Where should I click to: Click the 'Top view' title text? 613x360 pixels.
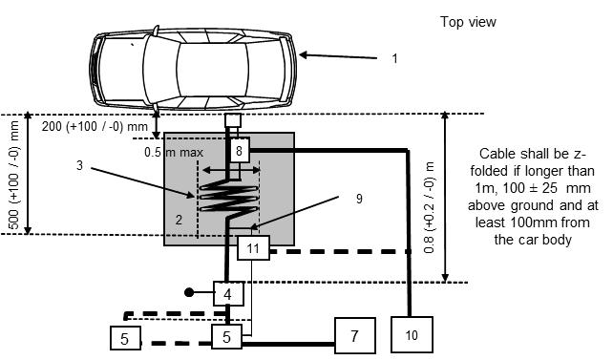(468, 22)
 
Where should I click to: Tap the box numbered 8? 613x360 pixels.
(240, 150)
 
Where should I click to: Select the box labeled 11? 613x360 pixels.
(253, 248)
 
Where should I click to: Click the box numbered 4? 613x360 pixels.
(228, 294)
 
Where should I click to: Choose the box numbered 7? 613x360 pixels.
(355, 336)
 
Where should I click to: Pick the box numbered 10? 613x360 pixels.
(412, 334)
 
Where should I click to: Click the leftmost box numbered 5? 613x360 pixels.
(125, 338)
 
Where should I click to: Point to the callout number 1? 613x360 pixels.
(395, 58)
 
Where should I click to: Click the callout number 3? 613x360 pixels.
(80, 165)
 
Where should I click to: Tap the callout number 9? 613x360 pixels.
(359, 199)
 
